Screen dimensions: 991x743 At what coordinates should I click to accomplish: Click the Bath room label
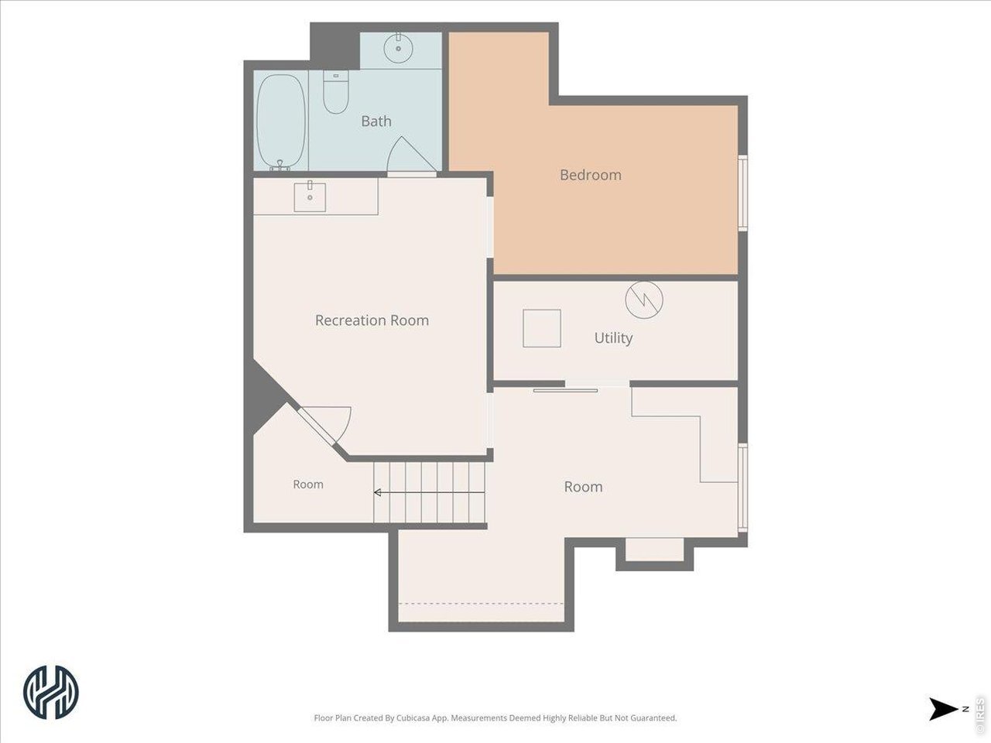(376, 121)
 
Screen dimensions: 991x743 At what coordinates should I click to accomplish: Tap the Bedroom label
(591, 175)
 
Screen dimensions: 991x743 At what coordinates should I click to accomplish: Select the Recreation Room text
(372, 320)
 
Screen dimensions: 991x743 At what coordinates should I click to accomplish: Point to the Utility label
(613, 338)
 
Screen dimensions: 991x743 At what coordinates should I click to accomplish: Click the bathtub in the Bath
(280, 122)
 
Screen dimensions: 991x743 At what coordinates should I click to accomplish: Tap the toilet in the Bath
(335, 92)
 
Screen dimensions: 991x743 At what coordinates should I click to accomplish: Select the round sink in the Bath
(398, 48)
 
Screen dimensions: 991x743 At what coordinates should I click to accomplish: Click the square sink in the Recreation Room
(310, 197)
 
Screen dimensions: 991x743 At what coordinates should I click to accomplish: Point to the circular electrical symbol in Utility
(644, 300)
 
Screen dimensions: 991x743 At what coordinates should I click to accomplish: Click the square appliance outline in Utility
(542, 328)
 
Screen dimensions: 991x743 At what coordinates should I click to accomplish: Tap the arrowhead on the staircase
(378, 492)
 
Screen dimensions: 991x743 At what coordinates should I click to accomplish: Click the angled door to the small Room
(316, 426)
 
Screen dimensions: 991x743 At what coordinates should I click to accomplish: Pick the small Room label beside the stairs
(308, 484)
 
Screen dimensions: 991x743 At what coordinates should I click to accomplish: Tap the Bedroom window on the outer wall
(742, 193)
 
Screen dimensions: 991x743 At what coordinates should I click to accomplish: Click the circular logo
(51, 692)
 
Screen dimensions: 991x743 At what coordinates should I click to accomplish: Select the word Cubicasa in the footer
(413, 717)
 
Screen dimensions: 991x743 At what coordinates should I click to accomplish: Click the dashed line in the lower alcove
(481, 603)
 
